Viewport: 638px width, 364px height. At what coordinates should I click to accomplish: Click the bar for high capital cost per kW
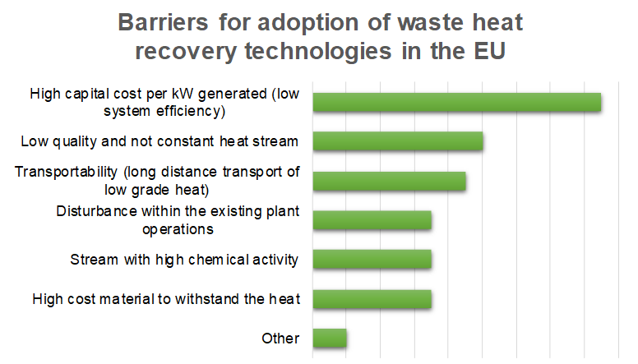pos(457,102)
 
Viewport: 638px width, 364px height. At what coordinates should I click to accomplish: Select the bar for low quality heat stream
pos(398,141)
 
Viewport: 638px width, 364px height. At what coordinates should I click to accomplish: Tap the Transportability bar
pos(390,181)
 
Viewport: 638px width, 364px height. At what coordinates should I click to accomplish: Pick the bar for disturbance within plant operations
pos(372,220)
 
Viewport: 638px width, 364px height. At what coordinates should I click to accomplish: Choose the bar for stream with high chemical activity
pos(372,259)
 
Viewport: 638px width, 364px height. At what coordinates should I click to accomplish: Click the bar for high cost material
pos(372,299)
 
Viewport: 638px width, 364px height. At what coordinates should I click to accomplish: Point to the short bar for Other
pos(330,338)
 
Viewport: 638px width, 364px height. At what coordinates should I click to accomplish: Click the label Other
pos(280,339)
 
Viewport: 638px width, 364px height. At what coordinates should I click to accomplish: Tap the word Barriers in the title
pos(163,22)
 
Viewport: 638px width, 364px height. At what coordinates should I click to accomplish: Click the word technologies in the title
pos(318,52)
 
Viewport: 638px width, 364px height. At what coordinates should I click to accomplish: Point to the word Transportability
pos(66,173)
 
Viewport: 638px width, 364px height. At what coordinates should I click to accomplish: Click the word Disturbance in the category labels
pos(96,211)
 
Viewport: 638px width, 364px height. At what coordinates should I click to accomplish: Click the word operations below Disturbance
pos(178,230)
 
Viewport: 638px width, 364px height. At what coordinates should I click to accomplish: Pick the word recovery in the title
pos(186,52)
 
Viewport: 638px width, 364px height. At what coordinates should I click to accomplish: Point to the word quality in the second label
pos(75,142)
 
